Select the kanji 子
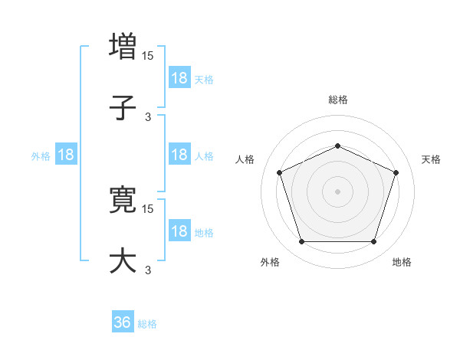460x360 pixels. pos(123,108)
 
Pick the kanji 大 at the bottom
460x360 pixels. pos(123,260)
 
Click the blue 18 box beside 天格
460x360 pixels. pos(179,77)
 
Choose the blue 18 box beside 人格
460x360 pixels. pos(179,154)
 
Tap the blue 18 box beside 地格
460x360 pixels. pos(179,231)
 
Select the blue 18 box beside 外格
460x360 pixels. pos(66,154)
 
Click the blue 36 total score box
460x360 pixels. pos(123,322)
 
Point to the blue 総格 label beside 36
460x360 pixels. pos(147,323)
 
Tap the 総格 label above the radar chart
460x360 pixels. pos(338,100)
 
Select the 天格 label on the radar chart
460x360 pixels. pos(432,159)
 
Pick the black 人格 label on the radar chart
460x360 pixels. pos(245,159)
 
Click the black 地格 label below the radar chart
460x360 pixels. pos(402,262)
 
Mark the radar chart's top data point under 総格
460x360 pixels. pos(338,146)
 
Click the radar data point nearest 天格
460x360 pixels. pos(396,172)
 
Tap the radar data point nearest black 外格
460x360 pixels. pos(301,242)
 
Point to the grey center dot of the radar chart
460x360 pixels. pos(338,191)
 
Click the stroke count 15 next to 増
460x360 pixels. pos(149,55)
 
